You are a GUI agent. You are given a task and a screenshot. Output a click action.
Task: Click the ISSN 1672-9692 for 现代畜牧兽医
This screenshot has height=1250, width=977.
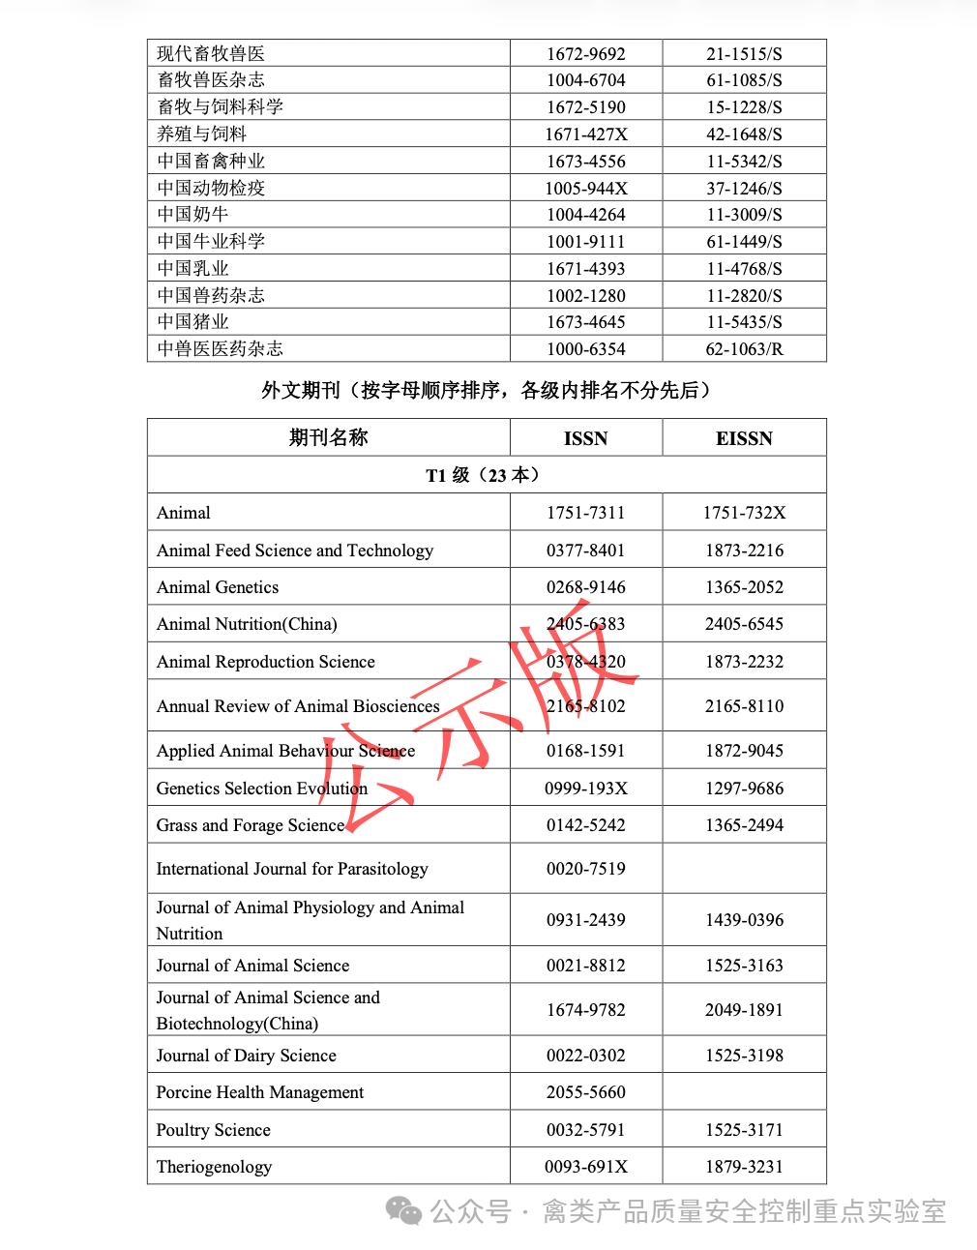pyautogui.click(x=585, y=54)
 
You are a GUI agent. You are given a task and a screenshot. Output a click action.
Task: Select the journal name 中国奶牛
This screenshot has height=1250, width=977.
pyautogui.click(x=192, y=215)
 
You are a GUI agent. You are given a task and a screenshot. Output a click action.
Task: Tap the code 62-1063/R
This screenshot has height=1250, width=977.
pyautogui.click(x=744, y=349)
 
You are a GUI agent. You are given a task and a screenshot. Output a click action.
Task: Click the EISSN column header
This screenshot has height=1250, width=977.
pyautogui.click(x=744, y=438)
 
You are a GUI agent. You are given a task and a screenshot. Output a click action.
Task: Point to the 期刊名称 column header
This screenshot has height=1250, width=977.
pyautogui.click(x=328, y=437)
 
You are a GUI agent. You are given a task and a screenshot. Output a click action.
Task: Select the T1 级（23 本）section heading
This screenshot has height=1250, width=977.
pyautogui.click(x=486, y=475)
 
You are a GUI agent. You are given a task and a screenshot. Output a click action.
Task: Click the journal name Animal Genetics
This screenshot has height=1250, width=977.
pyautogui.click(x=218, y=587)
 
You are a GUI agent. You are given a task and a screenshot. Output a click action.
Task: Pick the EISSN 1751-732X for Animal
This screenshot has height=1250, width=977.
pyautogui.click(x=744, y=513)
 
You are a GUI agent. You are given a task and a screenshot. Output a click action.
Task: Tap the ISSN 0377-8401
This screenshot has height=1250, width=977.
pyautogui.click(x=585, y=551)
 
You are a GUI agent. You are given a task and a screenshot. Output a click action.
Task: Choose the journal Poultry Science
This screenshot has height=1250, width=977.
pyautogui.click(x=214, y=1130)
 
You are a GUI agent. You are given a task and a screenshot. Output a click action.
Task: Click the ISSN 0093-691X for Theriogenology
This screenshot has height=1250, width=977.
pyautogui.click(x=585, y=1167)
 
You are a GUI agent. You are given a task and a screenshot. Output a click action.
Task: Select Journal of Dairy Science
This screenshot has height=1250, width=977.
pyautogui.click(x=247, y=1056)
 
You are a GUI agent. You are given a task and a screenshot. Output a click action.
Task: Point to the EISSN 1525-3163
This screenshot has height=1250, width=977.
pyautogui.click(x=744, y=966)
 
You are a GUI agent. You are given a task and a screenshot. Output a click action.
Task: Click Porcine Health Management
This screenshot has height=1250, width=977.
pyautogui.click(x=260, y=1092)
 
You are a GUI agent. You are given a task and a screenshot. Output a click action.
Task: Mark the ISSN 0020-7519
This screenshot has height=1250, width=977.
pyautogui.click(x=585, y=869)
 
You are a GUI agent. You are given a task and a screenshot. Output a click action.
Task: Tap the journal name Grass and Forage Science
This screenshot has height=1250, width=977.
pyautogui.click(x=251, y=825)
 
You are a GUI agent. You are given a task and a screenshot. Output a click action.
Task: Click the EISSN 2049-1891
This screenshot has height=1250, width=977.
pyautogui.click(x=744, y=1010)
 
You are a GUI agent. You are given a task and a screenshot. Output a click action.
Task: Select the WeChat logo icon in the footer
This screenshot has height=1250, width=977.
pyautogui.click(x=403, y=1210)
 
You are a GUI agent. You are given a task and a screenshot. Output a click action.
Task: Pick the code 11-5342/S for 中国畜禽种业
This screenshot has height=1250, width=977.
pyautogui.click(x=744, y=162)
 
